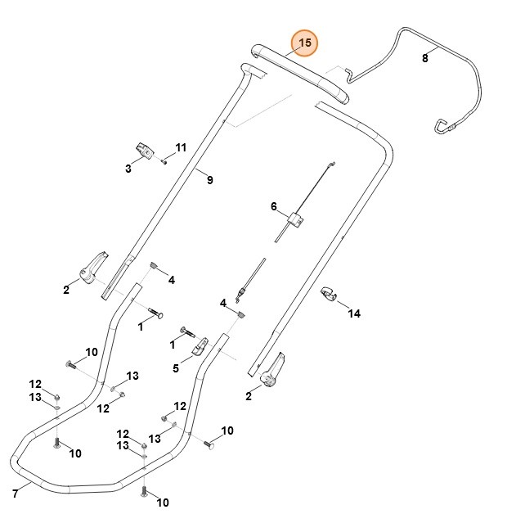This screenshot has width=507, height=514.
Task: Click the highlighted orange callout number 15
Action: click(305, 43)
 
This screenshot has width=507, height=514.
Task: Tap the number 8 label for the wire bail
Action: click(424, 58)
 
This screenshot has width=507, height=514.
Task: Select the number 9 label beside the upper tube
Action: click(209, 180)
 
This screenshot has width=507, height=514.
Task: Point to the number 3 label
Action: click(128, 169)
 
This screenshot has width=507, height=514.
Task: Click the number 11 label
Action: click(181, 147)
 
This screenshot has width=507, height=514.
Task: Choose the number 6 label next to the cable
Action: click(274, 207)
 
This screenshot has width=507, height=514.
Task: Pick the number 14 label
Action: click(354, 313)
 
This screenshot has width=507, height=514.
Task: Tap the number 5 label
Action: click(175, 369)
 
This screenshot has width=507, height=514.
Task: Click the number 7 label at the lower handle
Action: click(15, 493)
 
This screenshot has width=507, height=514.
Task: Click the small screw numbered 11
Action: click(164, 161)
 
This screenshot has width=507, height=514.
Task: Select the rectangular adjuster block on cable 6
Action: click(295, 219)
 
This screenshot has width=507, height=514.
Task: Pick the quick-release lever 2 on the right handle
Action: click(272, 370)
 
